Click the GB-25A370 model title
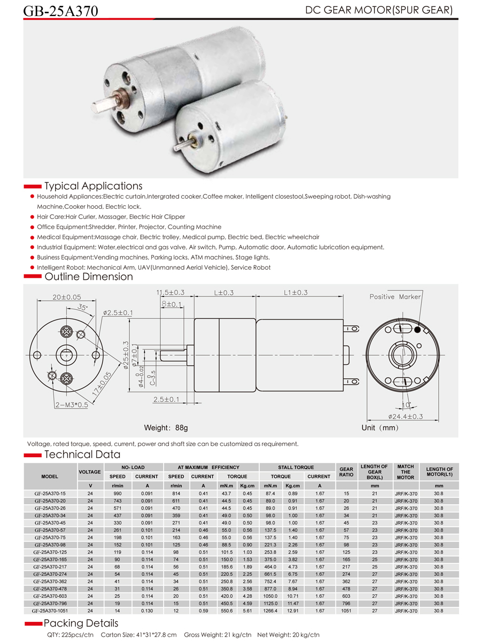click(x=60, y=11)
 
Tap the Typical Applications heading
click(x=93, y=186)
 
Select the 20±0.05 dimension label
click(x=67, y=297)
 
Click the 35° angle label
click(x=82, y=307)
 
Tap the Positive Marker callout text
click(x=395, y=297)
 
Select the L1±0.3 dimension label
click(x=296, y=293)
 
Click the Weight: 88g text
click(x=166, y=428)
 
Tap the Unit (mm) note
click(x=380, y=428)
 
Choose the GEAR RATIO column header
click(x=346, y=472)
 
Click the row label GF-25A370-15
click(x=50, y=494)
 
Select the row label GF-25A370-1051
click(x=50, y=611)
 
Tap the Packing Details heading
click(x=81, y=623)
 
